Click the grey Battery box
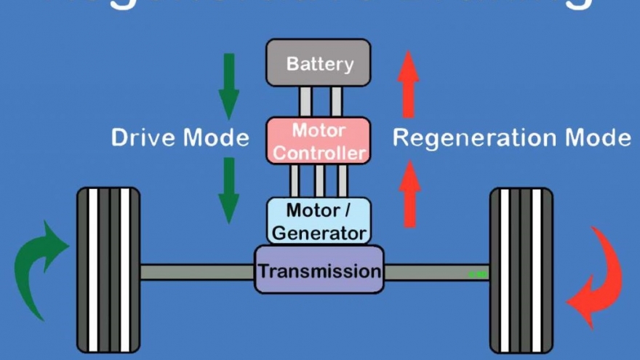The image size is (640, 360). point(318,63)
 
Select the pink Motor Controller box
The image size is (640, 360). point(318,141)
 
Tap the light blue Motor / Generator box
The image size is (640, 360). point(318,221)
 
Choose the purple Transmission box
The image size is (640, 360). point(319,271)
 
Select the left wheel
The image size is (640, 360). point(108,269)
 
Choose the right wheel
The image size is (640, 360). point(521,269)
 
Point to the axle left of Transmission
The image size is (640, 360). point(196,272)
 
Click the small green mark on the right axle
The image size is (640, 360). point(478,274)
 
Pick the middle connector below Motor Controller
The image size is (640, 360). point(318,181)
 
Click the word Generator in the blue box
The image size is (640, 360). point(319,233)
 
